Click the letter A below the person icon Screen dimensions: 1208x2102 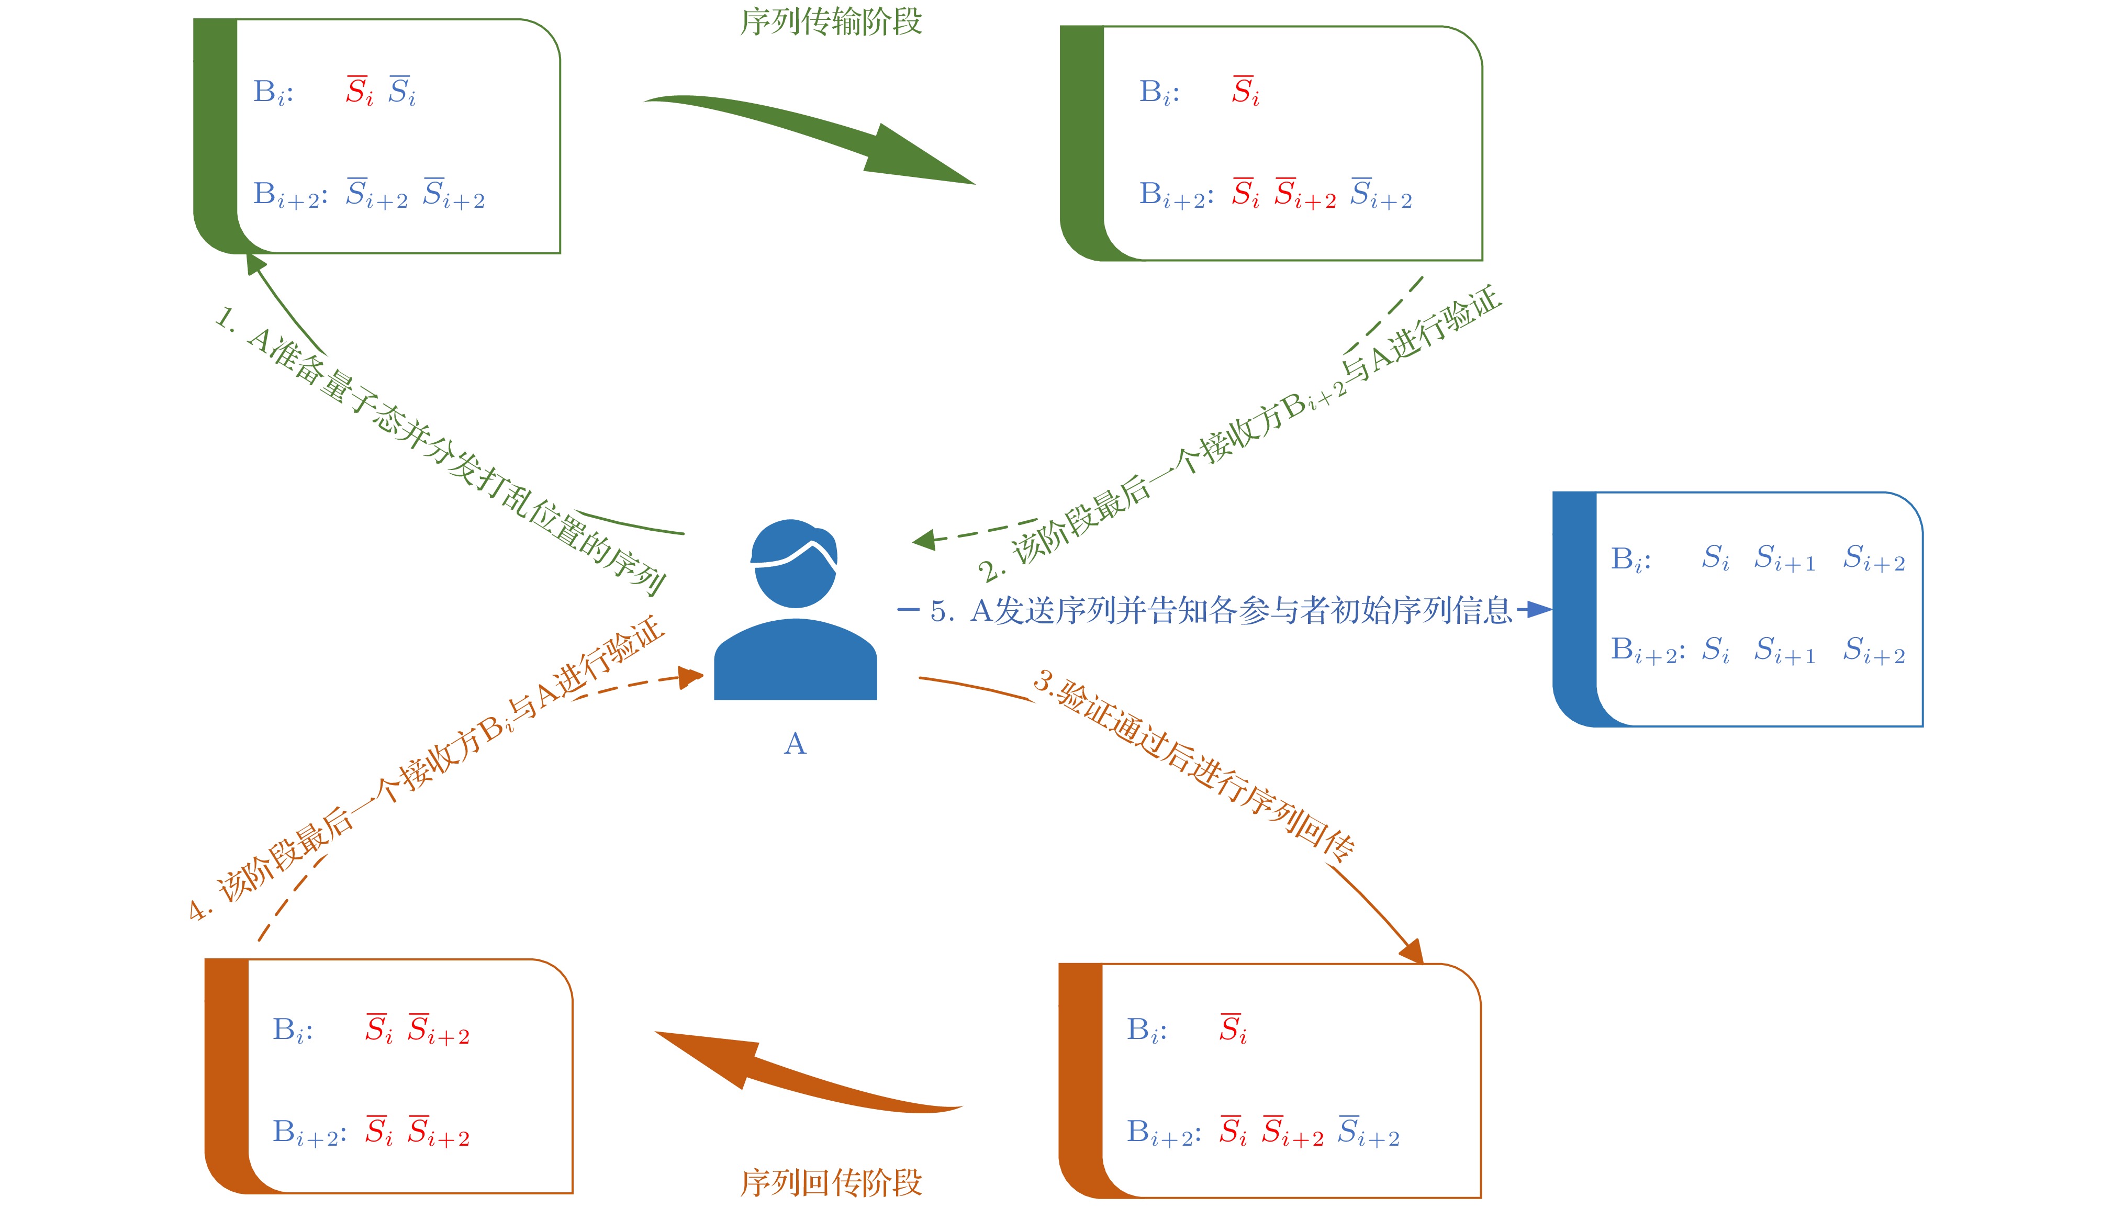pos(795,744)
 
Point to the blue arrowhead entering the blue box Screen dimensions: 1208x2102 pos(1539,610)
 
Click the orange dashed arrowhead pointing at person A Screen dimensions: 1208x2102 pos(691,677)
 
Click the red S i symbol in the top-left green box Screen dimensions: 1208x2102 pos(359,91)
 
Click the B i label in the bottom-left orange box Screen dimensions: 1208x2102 pos(292,1031)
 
